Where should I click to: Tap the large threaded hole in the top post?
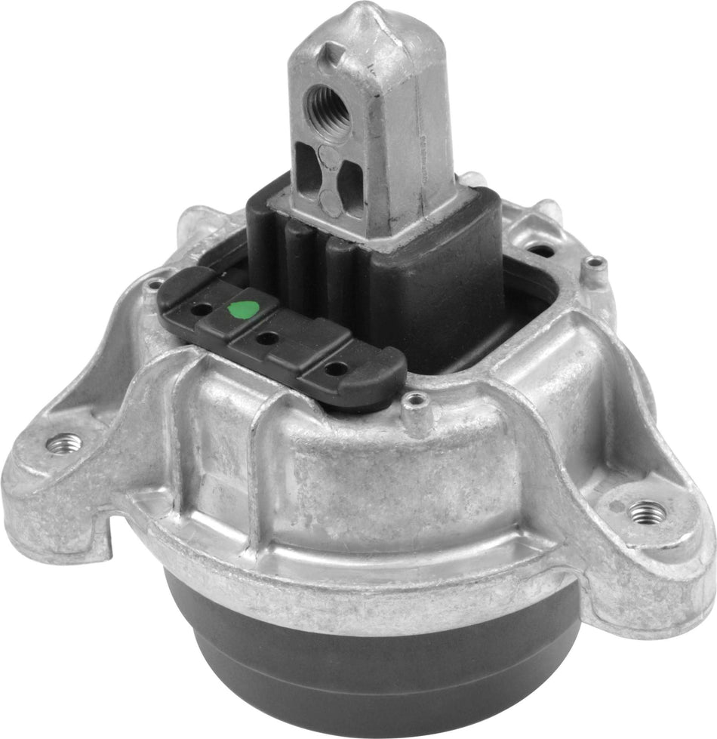(x=329, y=105)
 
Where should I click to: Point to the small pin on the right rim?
(x=595, y=263)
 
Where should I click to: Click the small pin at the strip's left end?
(x=155, y=285)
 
